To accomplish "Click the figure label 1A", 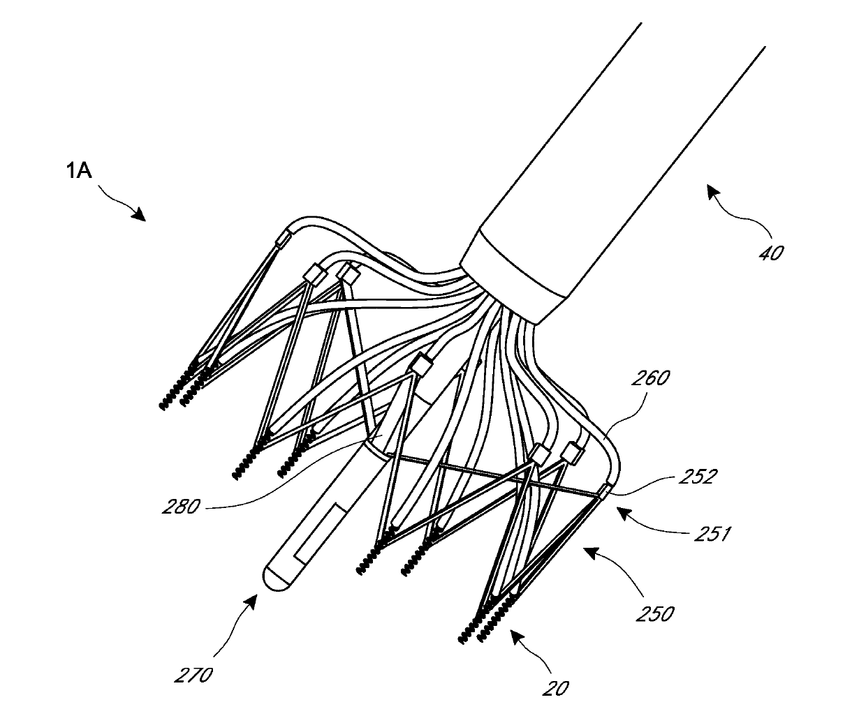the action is (x=79, y=171).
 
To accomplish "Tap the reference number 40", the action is (x=771, y=253).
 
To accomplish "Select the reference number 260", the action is (x=650, y=378).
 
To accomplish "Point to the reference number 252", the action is (x=698, y=477).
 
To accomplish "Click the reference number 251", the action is (x=712, y=534).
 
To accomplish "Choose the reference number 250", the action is (x=655, y=614).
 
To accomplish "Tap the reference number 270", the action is (x=193, y=676).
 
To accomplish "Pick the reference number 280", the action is (x=181, y=507).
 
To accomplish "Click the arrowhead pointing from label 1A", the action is (x=140, y=214).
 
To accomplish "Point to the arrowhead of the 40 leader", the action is (x=713, y=191).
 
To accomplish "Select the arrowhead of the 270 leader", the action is (x=251, y=602).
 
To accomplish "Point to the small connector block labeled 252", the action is (x=603, y=491).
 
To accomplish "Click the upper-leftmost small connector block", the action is (x=283, y=237).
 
